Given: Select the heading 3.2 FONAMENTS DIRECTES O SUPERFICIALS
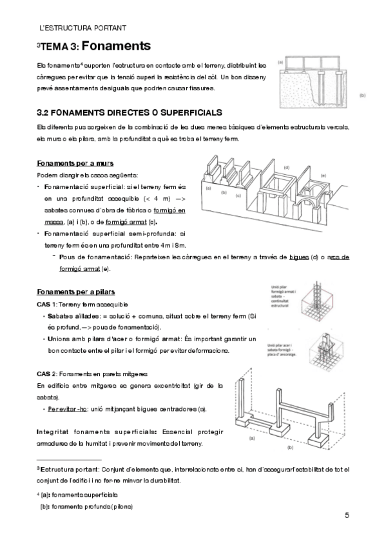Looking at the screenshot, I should tap(130, 112).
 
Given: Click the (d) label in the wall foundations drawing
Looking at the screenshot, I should tap(286, 167).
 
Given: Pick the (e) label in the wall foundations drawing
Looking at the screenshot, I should tap(323, 175).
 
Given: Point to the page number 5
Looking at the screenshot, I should tap(347, 515).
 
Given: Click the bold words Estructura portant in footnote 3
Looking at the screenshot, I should tap(68, 469).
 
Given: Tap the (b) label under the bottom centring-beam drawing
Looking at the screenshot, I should tap(290, 446).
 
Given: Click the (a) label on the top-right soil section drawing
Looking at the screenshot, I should tap(281, 63).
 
